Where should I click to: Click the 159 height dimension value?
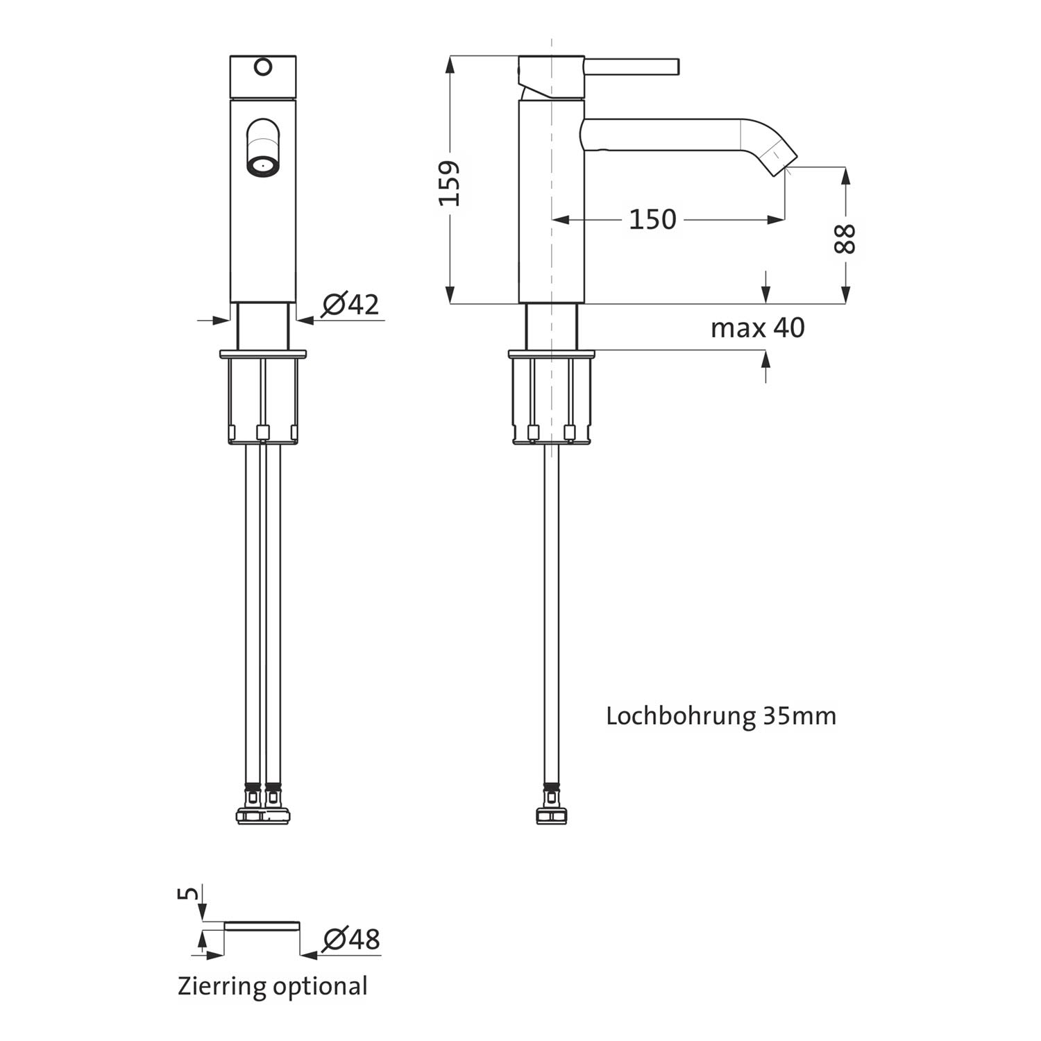pos(450,183)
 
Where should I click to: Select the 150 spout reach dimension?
pos(652,219)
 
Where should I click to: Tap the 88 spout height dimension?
pos(845,239)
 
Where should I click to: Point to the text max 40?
pos(757,327)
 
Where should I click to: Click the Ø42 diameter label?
pos(350,304)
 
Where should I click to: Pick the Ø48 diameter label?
pos(352,939)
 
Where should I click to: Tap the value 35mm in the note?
pos(800,716)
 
